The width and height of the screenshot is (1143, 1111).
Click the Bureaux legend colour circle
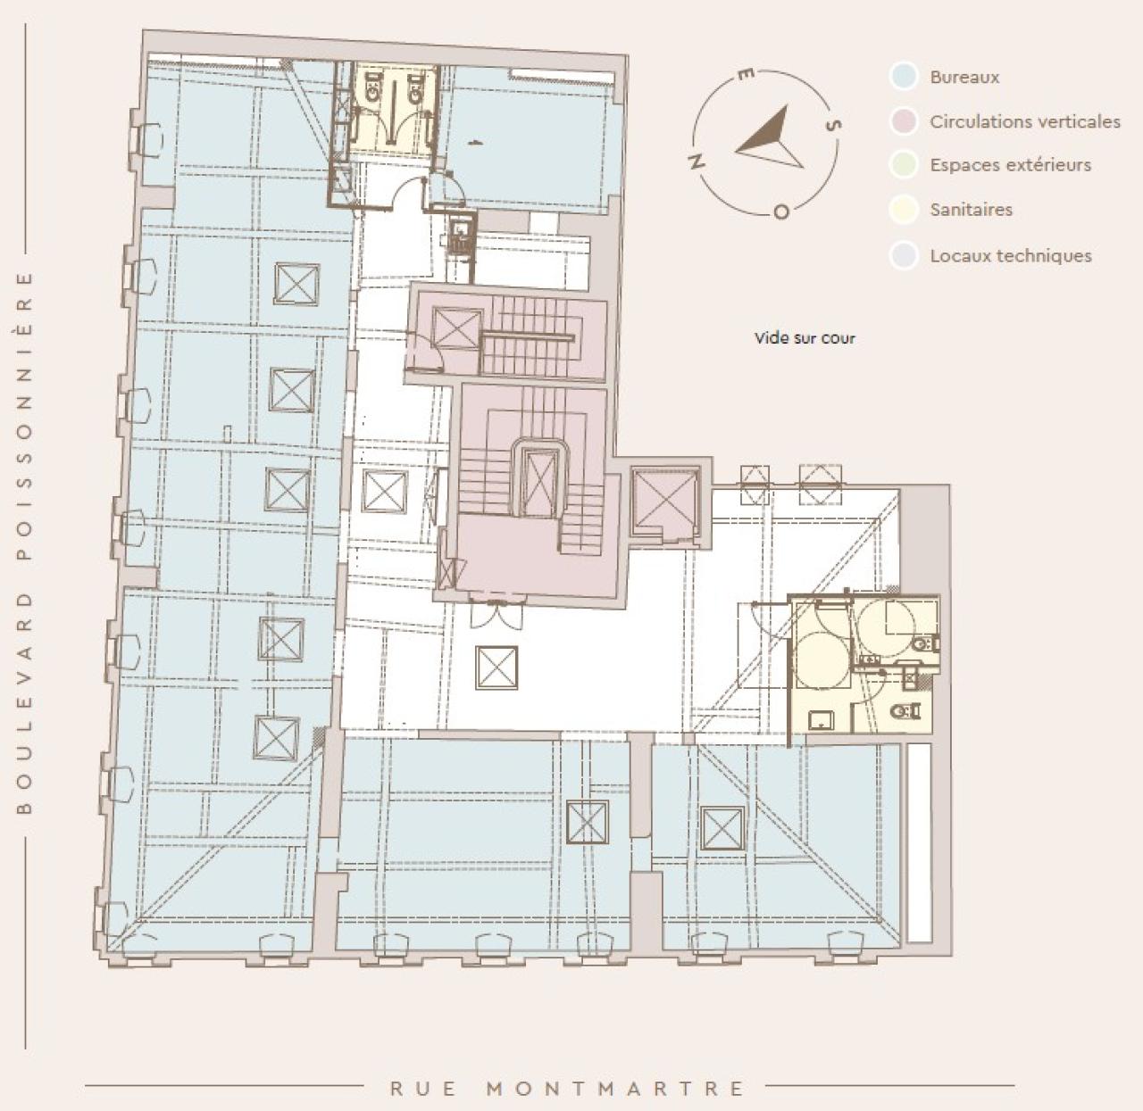(905, 77)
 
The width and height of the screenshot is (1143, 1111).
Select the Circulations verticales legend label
(1024, 121)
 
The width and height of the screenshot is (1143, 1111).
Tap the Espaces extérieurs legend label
(1010, 165)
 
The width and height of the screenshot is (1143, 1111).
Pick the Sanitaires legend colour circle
(905, 210)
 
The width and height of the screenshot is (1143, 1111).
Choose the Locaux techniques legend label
(1010, 256)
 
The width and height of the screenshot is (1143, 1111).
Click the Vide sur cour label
(805, 338)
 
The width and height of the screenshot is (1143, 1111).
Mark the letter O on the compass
(780, 212)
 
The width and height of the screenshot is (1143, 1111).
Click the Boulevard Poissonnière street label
(24, 543)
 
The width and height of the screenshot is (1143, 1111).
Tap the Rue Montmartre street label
(567, 1089)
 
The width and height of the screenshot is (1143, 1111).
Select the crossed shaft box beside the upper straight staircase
(456, 328)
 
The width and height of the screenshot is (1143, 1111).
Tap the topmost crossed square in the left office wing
(296, 284)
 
